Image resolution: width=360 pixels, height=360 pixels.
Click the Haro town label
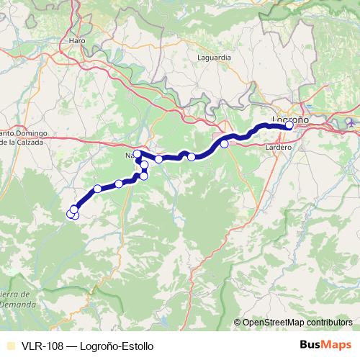pos(77,41)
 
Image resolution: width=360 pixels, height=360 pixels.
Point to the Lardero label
pos(278,147)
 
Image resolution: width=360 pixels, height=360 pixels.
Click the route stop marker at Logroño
pos(289,125)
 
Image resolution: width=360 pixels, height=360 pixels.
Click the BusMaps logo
pos(325,345)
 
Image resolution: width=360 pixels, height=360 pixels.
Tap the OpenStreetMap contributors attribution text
pos(297,323)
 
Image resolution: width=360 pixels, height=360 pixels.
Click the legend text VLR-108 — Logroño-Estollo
pos(86,346)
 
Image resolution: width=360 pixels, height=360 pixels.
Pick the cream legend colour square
pos(9,346)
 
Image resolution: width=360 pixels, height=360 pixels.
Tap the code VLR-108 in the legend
pos(40,346)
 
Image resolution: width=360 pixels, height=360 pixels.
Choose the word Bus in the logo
pos(312,345)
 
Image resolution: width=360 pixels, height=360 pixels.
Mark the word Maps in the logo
pos(337,345)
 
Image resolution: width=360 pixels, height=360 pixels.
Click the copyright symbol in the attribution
pos(238,323)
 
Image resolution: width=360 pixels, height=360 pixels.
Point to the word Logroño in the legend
pos(97,346)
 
